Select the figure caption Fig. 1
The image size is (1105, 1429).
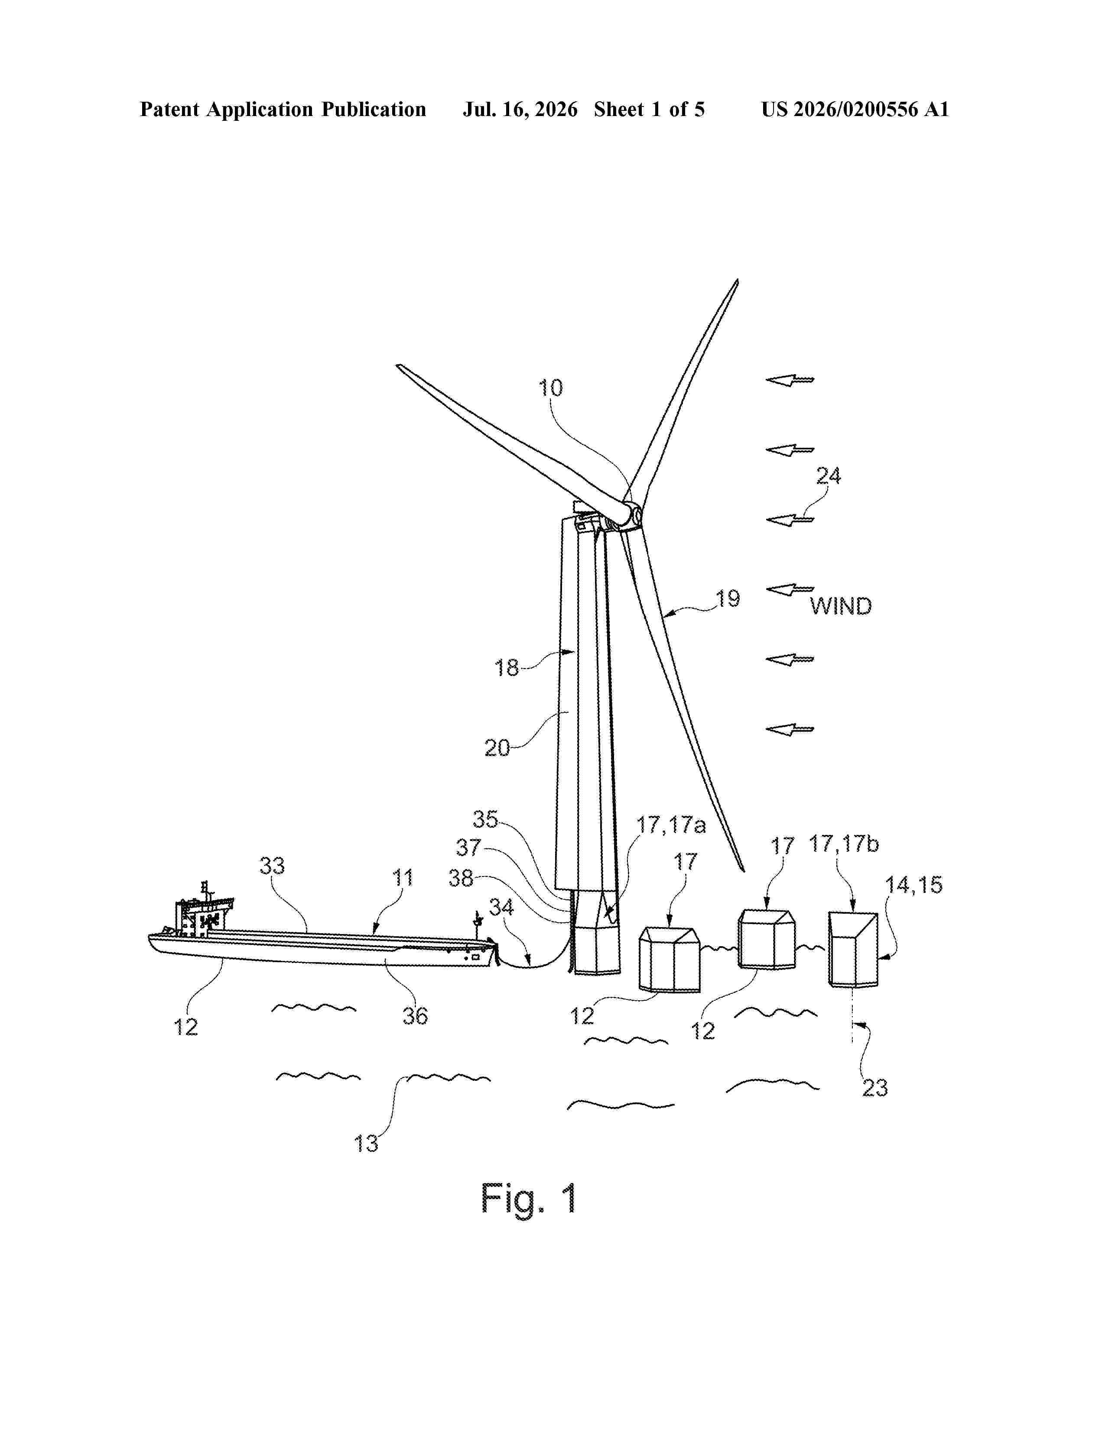529,1198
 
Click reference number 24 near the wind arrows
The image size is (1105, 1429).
828,475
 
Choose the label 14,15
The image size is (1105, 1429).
914,885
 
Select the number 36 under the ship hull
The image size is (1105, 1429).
415,1016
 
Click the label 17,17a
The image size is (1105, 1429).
672,825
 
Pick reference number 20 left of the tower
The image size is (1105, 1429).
497,748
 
